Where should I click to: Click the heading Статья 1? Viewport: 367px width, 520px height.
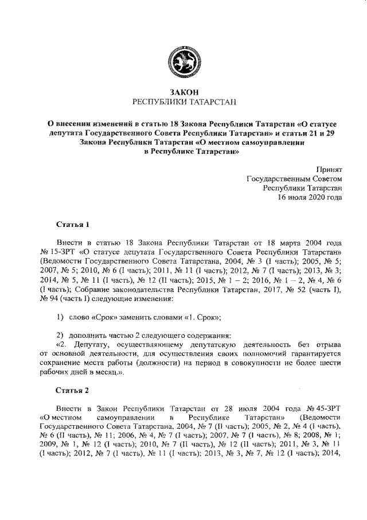click(x=73, y=223)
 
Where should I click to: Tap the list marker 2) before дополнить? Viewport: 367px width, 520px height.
click(x=60, y=335)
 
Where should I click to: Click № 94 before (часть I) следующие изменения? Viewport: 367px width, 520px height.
click(x=50, y=298)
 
